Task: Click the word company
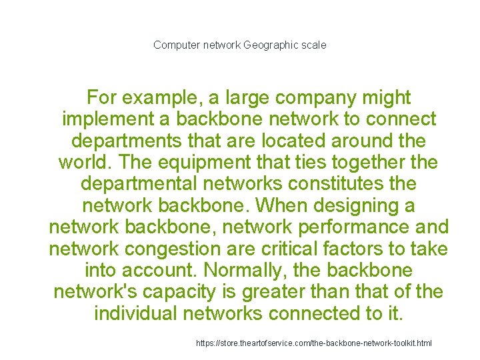click(302, 99)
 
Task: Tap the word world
click(84, 163)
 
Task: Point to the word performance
click(348, 227)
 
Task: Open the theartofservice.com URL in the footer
click(313, 343)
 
